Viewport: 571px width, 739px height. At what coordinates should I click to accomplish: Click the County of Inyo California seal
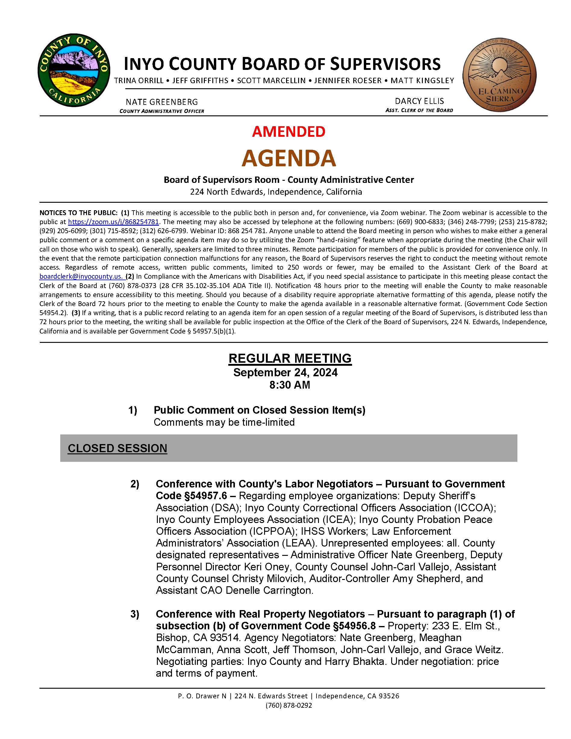point(74,71)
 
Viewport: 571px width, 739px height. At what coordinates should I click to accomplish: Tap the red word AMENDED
point(289,132)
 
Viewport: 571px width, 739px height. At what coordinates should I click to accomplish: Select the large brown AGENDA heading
point(289,158)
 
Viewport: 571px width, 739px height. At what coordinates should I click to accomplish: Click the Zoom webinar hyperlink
point(113,222)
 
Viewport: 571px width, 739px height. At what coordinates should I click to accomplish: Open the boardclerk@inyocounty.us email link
point(81,276)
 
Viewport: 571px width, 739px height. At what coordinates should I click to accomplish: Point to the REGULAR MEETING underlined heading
point(290,358)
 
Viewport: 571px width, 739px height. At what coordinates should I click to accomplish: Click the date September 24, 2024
point(285,372)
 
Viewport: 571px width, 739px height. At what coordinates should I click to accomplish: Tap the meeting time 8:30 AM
point(289,385)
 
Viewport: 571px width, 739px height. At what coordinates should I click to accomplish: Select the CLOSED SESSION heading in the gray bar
point(117,448)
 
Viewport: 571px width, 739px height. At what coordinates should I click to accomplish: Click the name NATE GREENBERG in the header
point(162,102)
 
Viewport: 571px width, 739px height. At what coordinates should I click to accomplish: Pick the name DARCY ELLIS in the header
point(419,101)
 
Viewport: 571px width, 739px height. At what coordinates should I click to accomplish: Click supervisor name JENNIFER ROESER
point(348,80)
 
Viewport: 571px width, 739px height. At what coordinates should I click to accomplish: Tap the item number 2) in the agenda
point(135,484)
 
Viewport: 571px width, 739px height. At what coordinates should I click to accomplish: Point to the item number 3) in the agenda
point(135,614)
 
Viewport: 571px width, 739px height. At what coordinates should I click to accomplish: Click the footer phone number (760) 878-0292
point(289,706)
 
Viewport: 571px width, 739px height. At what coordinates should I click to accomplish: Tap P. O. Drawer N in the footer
point(202,696)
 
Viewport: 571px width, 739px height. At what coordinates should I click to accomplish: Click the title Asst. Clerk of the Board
point(419,110)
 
